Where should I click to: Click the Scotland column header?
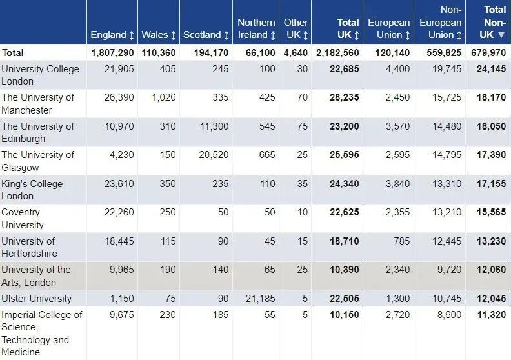pos(206,35)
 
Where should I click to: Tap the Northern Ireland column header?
pos(256,28)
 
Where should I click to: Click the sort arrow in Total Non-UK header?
pos(501,35)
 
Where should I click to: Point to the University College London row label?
pos(40,75)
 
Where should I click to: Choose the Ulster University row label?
pos(37,299)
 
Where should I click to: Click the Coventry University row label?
pos(23,218)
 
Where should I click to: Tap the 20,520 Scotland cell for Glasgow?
pos(214,155)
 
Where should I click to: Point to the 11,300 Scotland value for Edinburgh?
pos(214,126)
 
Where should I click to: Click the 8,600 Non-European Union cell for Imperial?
pos(450,315)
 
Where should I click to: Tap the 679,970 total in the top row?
pos(489,53)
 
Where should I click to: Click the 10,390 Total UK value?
pos(343,270)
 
